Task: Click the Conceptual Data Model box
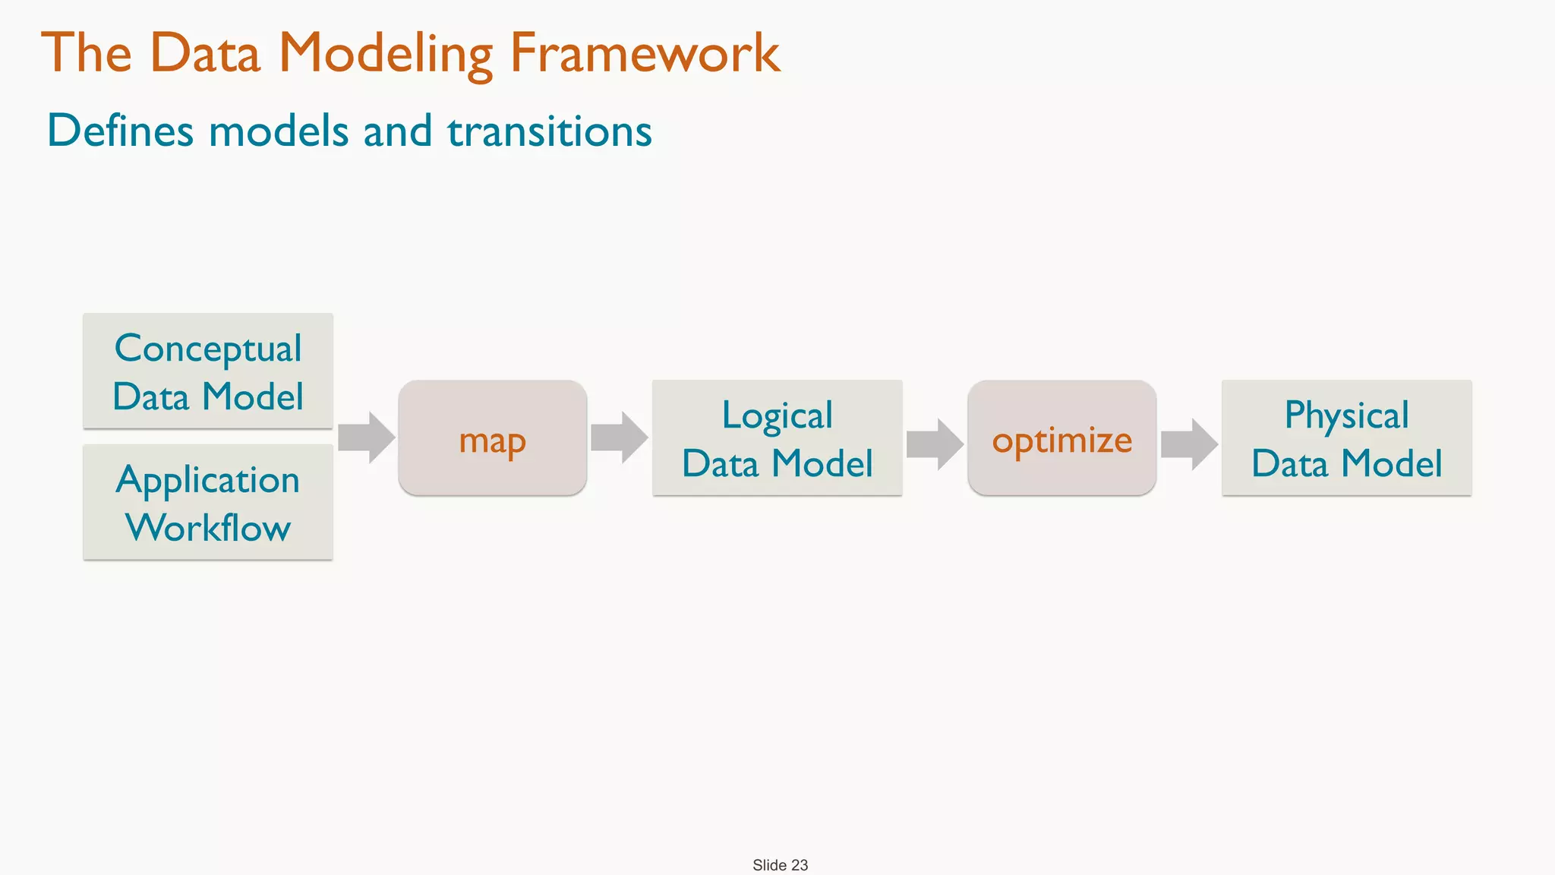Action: point(207,371)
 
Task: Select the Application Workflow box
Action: point(207,503)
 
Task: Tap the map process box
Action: point(492,438)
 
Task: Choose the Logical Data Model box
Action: point(777,438)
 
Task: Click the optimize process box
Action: point(1061,438)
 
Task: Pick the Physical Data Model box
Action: point(1346,438)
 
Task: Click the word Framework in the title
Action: point(645,53)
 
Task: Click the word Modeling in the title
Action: point(386,53)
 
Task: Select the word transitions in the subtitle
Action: point(549,131)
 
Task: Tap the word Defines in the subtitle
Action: point(121,131)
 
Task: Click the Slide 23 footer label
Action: point(780,865)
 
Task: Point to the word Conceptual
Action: point(208,349)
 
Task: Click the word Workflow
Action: point(208,527)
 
